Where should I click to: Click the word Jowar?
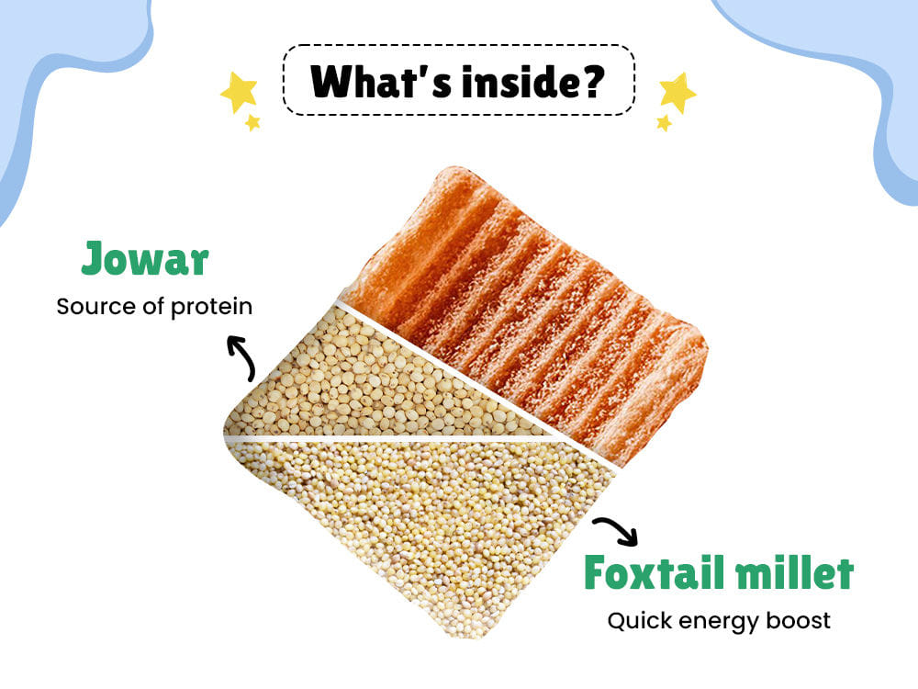[x=145, y=258]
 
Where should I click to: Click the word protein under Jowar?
[x=211, y=307]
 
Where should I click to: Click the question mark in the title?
[x=588, y=81]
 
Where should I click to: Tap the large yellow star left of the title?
[x=239, y=91]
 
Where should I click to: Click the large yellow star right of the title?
[x=677, y=92]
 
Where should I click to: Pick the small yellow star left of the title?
[x=252, y=122]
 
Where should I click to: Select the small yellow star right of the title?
[x=664, y=123]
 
